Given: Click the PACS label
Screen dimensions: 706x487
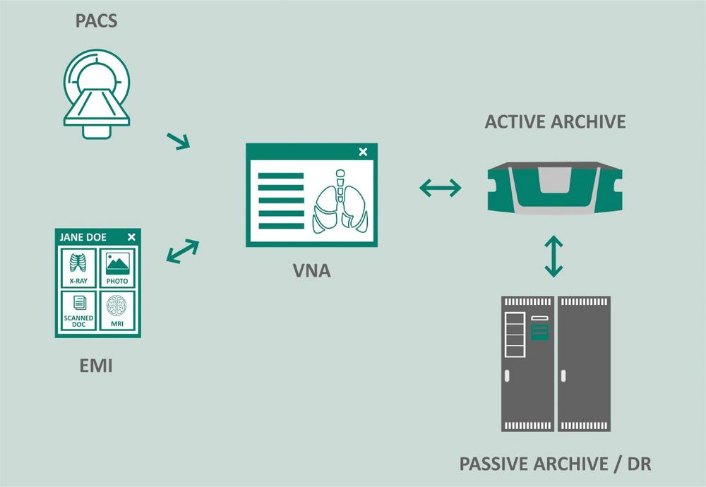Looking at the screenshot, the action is click(x=96, y=20).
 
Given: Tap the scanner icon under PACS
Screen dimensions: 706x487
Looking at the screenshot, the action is click(x=96, y=94).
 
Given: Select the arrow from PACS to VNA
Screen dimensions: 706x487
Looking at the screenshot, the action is click(x=179, y=141).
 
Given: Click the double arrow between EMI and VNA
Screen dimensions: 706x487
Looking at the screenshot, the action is click(x=182, y=251).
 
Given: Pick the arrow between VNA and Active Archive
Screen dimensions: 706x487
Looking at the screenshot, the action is click(x=440, y=188).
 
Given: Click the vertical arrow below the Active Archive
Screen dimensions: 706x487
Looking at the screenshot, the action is click(x=554, y=256).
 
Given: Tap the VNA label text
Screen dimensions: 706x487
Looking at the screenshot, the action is click(x=311, y=270).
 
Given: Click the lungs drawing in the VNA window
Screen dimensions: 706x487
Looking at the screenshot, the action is click(x=340, y=202).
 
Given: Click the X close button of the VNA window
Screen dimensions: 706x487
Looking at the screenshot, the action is click(x=363, y=152).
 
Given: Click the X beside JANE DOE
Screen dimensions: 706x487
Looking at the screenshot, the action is click(x=131, y=237).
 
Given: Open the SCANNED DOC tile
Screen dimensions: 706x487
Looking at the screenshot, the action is click(x=78, y=311).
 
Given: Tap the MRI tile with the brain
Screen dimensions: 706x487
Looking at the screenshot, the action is click(x=117, y=311).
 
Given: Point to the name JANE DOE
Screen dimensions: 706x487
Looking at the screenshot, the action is click(x=83, y=237).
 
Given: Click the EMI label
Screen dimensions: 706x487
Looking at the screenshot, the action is click(x=96, y=366).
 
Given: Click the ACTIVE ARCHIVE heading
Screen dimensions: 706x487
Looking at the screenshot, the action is click(x=555, y=121).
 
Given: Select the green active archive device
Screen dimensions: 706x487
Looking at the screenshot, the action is click(x=555, y=187).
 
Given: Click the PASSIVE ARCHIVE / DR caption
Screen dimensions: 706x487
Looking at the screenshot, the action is click(x=555, y=464).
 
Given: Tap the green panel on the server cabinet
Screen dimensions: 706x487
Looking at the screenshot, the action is click(x=539, y=332).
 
